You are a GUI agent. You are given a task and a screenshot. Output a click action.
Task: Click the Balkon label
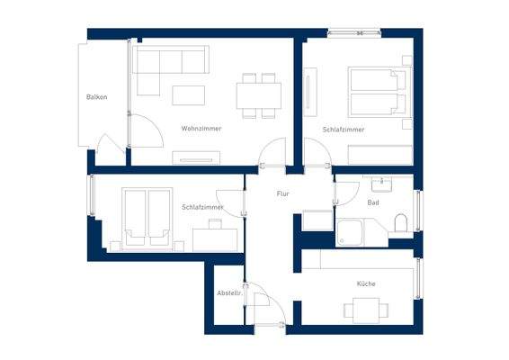coord(97,97)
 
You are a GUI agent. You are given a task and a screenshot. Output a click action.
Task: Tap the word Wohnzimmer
coord(201,129)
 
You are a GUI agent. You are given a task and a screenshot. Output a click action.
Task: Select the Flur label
coord(282,193)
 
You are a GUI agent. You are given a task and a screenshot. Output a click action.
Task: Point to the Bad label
coord(372,202)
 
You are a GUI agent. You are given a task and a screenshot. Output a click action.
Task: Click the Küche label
coord(366,283)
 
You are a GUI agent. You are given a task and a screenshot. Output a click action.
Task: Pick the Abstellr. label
coord(229,293)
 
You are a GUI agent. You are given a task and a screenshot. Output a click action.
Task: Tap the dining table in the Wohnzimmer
coord(259,94)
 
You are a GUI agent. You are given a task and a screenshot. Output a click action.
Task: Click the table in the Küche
coord(366,310)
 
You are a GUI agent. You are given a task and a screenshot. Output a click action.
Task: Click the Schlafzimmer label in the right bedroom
coord(344,130)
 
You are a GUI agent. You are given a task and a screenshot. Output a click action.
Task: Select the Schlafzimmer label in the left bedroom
coord(202,207)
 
